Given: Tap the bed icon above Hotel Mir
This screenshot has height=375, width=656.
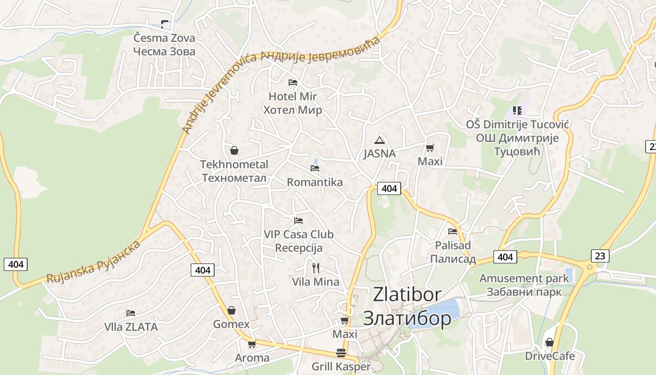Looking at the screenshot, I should (x=293, y=82).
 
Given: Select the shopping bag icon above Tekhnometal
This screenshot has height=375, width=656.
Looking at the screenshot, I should (x=234, y=150).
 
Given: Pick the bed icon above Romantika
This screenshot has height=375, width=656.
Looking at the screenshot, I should (x=315, y=168).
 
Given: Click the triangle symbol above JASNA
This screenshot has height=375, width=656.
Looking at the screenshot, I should (x=379, y=140).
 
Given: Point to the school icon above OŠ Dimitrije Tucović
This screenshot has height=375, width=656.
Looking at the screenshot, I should (x=517, y=111).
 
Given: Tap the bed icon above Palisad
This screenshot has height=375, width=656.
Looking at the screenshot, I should (x=453, y=231).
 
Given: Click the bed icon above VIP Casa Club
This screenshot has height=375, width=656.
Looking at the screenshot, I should (x=298, y=220).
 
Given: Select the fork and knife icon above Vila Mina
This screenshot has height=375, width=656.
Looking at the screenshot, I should (x=316, y=268).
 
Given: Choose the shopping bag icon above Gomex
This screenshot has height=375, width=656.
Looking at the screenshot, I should (x=231, y=310).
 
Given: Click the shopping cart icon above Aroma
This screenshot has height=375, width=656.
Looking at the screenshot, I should (x=252, y=344).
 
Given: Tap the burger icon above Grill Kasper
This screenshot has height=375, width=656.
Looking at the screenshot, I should (x=341, y=352).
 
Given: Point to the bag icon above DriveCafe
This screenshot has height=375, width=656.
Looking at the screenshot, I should (x=549, y=342).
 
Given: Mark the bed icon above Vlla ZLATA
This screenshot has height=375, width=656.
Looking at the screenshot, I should (x=131, y=313).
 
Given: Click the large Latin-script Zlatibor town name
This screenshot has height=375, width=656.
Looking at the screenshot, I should (x=407, y=294).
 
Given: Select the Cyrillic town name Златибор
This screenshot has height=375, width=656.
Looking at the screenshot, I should (x=407, y=318).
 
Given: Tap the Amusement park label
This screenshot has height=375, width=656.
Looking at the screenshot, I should (x=524, y=278).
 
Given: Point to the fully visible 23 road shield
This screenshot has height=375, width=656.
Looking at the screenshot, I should (x=600, y=255).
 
